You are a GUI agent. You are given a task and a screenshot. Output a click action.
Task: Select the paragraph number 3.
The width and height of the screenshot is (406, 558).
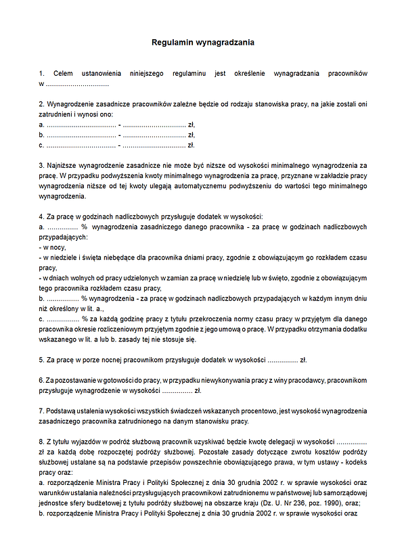pyautogui.click(x=41, y=164)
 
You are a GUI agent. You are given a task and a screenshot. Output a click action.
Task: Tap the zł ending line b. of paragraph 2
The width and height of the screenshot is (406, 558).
pyautogui.click(x=191, y=135)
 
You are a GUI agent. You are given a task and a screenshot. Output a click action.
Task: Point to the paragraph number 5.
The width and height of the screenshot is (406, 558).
pyautogui.click(x=41, y=360)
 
